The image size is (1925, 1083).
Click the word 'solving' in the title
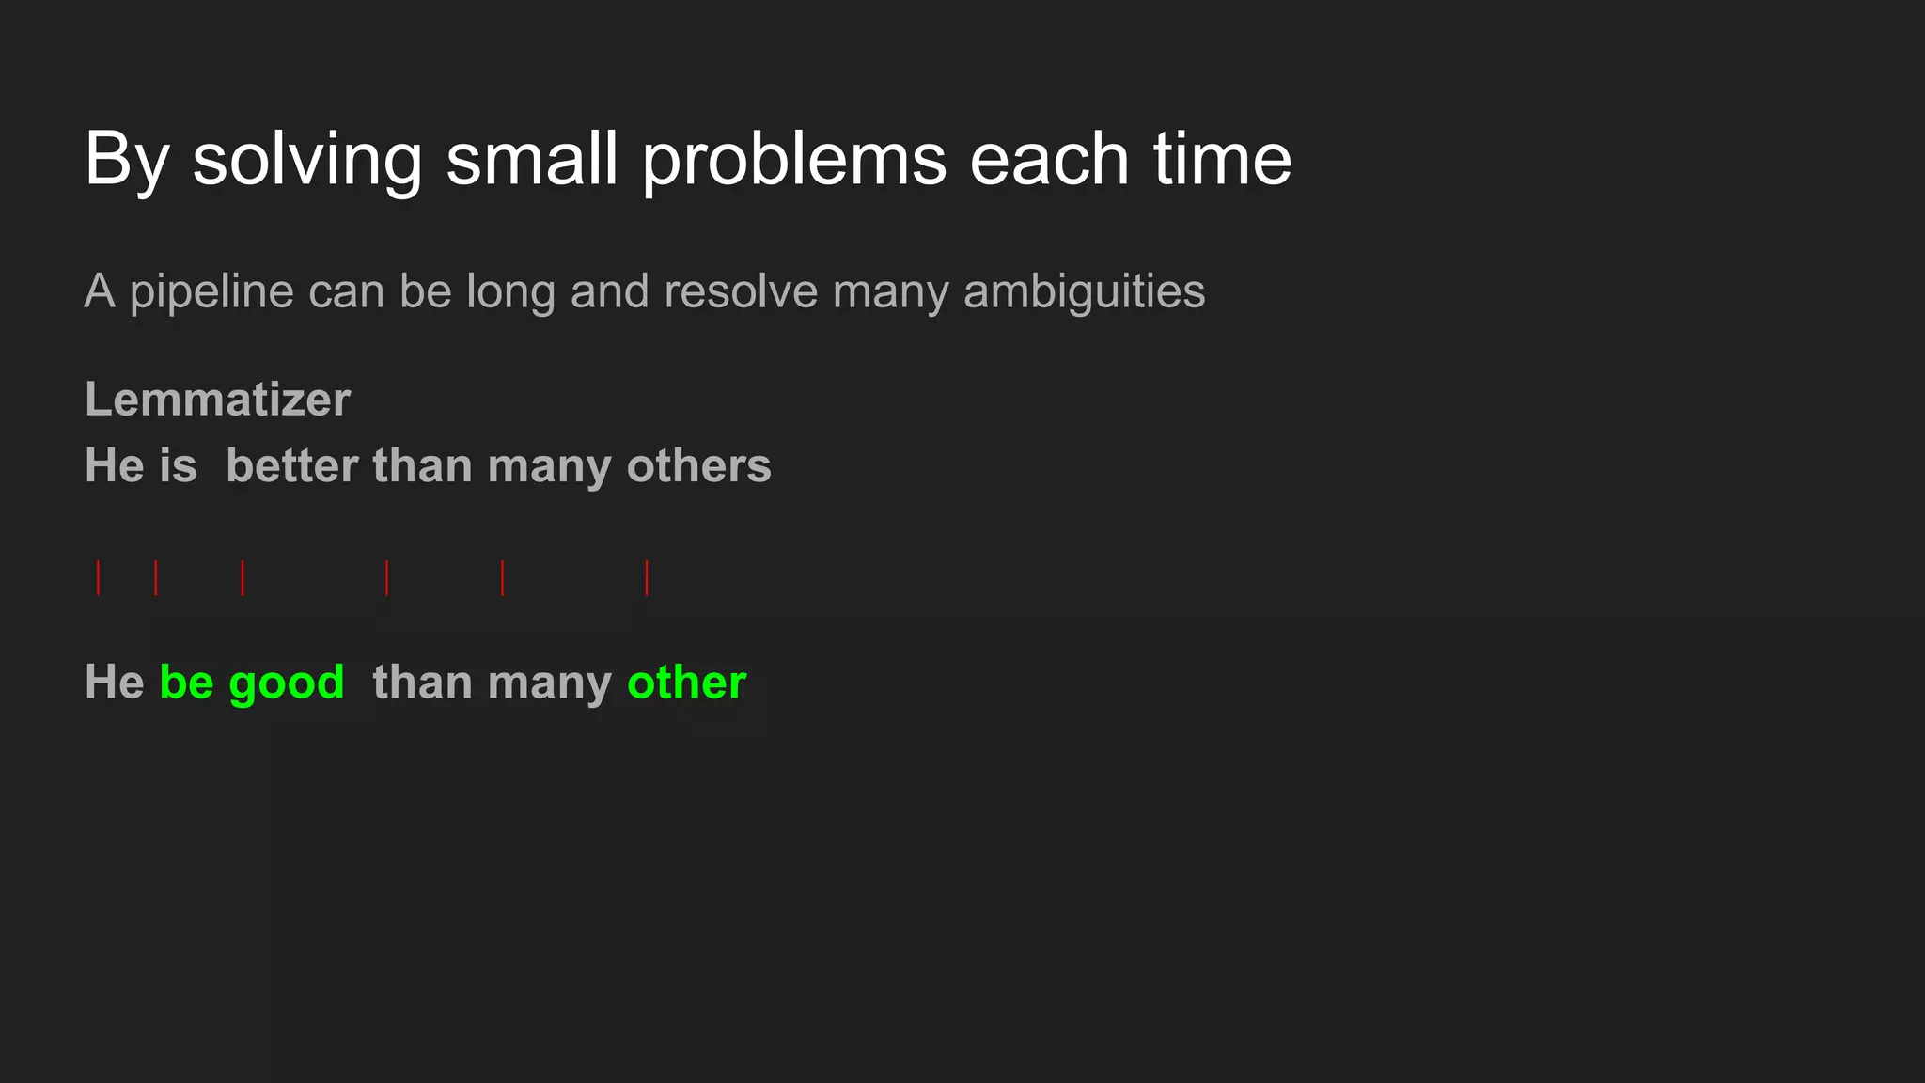coord(307,160)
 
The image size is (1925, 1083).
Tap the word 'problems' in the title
coord(794,160)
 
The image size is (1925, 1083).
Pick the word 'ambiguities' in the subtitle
coord(1084,292)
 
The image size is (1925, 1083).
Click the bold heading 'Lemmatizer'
coord(217,400)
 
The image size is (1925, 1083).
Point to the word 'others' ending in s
coord(698,465)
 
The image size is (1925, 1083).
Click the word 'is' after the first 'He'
coord(179,465)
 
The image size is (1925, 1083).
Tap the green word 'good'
coord(287,683)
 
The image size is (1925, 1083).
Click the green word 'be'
coord(186,682)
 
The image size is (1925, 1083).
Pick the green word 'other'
coord(686,682)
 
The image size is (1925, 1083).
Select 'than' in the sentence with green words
coord(421,682)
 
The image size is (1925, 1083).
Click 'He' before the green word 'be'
coord(114,682)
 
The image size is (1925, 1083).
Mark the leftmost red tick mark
coord(98,577)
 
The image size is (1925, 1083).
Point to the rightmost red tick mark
coord(647,577)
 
